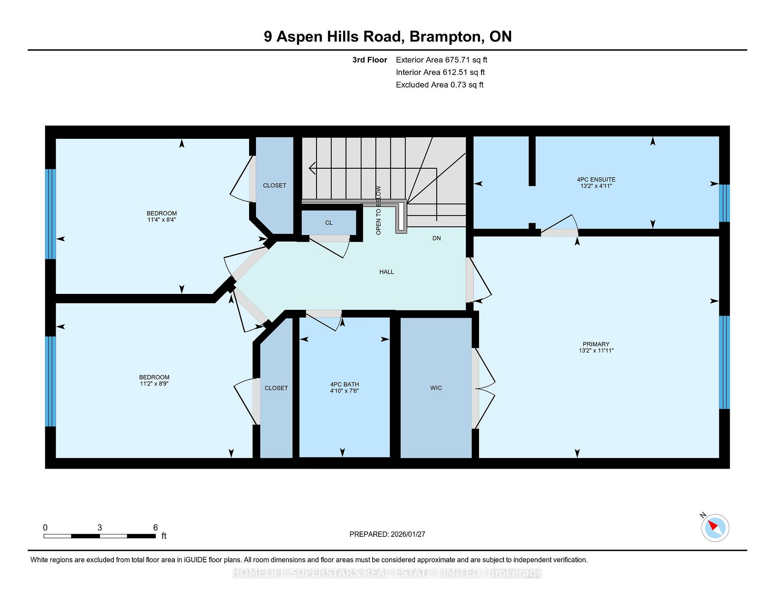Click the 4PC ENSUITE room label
[596, 180]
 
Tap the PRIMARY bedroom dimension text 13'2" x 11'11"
[596, 351]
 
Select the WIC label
[436, 388]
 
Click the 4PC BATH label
[344, 385]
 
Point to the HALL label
[386, 272]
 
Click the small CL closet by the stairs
[329, 223]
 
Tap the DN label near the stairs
[436, 239]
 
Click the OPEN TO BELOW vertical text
[378, 210]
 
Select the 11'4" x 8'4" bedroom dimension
[161, 220]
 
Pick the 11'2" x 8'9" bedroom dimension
[154, 384]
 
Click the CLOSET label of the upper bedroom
[274, 186]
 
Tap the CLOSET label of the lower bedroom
[276, 388]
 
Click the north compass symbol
[715, 528]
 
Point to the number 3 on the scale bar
[100, 528]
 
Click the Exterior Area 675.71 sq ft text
[441, 60]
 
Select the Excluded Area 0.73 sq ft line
[439, 85]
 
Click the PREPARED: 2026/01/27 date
[387, 534]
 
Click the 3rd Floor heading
[369, 60]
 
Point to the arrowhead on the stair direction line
[311, 168]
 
